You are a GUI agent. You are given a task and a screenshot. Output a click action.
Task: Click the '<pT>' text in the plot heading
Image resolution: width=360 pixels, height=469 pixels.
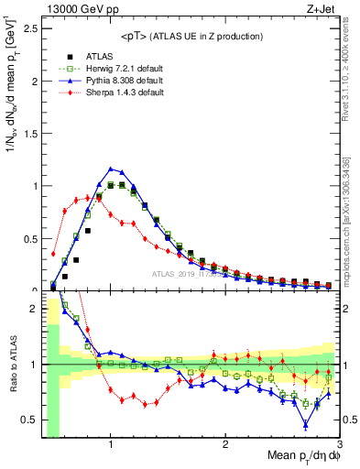pos(136,36)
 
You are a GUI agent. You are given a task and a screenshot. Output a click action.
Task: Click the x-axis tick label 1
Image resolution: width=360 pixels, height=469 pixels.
pos(111,445)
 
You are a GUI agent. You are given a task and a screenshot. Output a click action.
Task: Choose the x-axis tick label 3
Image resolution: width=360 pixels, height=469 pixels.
pos(339,445)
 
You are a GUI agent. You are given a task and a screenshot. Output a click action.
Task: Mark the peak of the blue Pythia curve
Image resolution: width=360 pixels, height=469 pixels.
pos(111,169)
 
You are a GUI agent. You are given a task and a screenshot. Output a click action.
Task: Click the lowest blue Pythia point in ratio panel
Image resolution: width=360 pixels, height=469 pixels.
pos(305,424)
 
